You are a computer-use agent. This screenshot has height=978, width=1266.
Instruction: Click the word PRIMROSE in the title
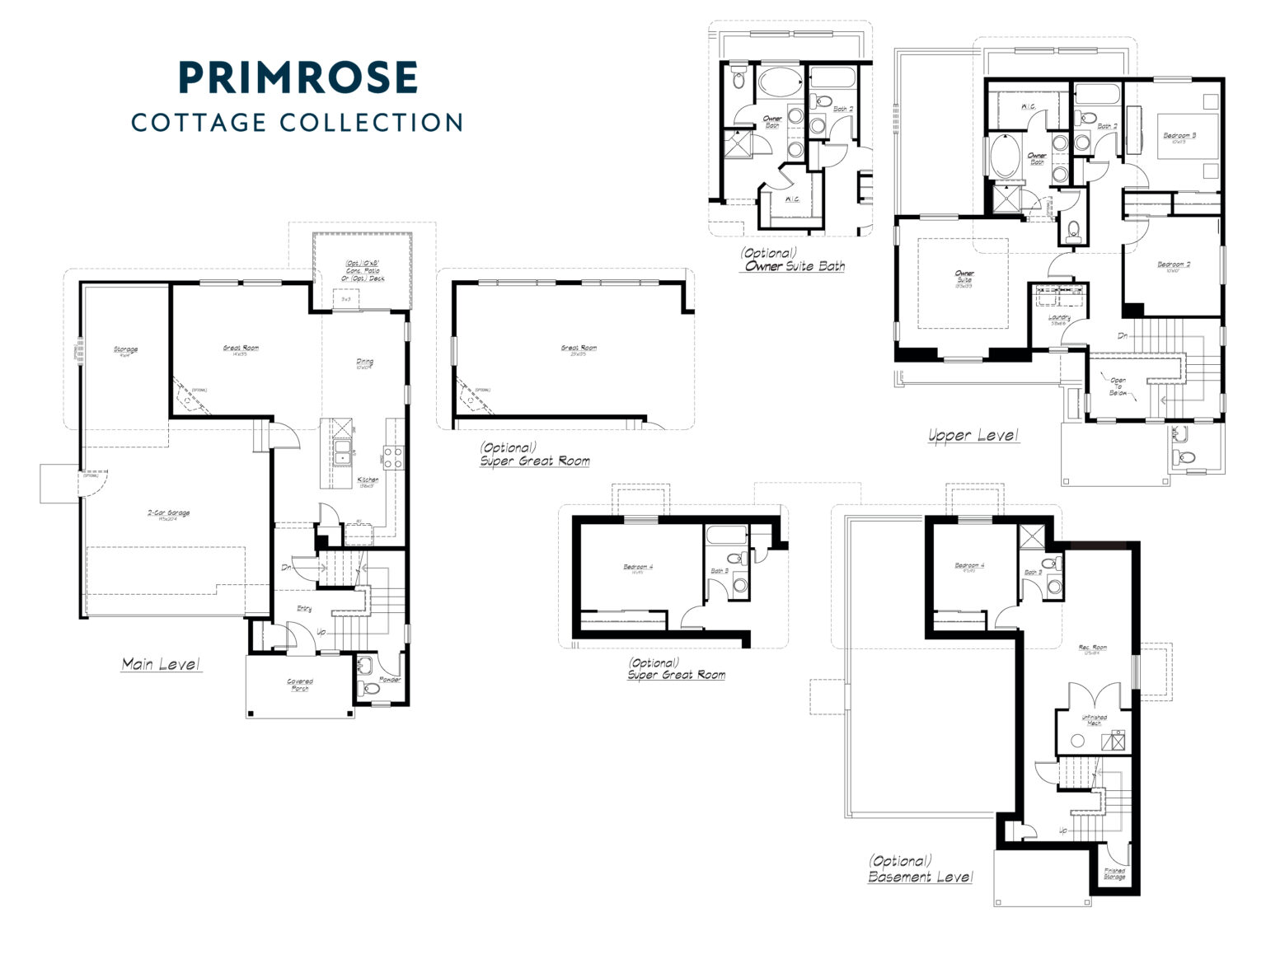(298, 77)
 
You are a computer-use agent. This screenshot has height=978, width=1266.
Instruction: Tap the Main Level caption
(161, 663)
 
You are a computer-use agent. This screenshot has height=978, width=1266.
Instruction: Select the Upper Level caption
(973, 435)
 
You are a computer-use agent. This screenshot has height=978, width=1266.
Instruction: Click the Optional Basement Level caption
(920, 869)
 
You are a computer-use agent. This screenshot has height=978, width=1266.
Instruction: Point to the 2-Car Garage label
(169, 515)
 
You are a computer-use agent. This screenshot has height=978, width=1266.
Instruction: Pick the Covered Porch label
(299, 685)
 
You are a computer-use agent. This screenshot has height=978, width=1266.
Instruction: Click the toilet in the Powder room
(371, 686)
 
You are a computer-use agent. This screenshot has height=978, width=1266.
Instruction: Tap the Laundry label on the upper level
(1059, 319)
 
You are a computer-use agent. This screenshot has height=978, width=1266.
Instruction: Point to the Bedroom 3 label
(1179, 137)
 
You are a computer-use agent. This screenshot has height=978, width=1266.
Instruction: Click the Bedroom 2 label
(1174, 266)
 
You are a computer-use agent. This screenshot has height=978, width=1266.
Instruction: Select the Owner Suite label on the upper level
(964, 278)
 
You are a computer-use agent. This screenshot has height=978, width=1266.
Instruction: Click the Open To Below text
(1118, 386)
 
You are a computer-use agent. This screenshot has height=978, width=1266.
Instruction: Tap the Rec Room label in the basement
(1093, 648)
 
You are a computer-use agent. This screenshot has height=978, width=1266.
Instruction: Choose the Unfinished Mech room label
(1094, 719)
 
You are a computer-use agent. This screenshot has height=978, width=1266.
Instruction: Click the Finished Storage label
(1114, 873)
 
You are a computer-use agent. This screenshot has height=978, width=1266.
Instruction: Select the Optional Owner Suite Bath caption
(794, 260)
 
